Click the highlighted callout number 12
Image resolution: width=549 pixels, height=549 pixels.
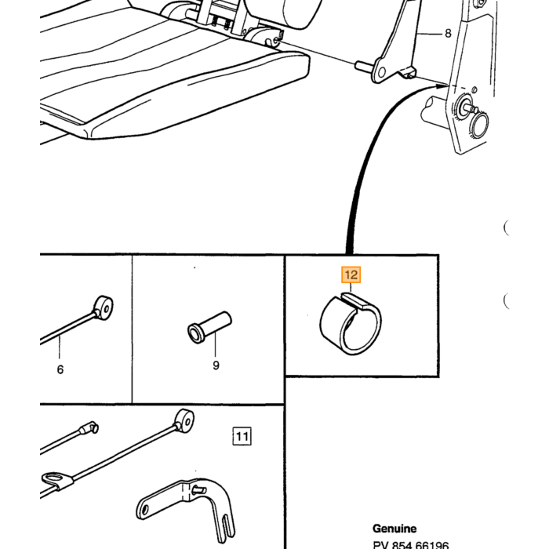click(351, 274)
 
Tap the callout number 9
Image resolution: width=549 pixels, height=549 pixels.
click(216, 365)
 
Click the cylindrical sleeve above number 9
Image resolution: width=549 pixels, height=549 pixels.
click(209, 327)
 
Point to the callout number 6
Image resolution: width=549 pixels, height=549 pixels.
click(60, 369)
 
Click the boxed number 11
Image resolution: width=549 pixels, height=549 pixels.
click(242, 436)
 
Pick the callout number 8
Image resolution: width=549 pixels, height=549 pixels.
click(448, 33)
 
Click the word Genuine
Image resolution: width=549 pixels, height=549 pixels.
click(394, 529)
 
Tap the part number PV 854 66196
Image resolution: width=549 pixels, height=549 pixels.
click(411, 545)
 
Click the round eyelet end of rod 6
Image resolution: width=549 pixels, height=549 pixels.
click(104, 308)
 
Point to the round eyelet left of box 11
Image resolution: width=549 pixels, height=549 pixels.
click(184, 420)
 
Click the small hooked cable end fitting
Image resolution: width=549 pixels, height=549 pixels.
click(89, 428)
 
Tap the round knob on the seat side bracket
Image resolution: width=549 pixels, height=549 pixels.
click(479, 125)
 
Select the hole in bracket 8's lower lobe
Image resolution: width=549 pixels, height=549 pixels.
click(382, 72)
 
